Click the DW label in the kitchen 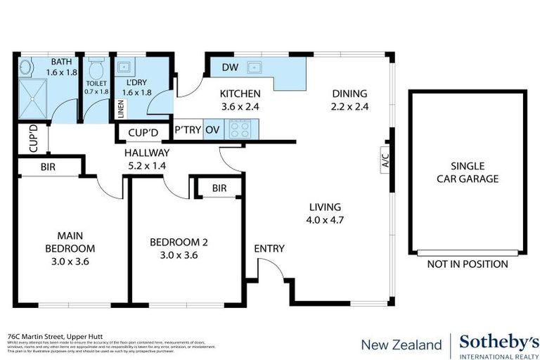[229, 67]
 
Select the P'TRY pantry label [188, 129]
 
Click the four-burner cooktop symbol [241, 129]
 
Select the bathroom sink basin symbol [25, 69]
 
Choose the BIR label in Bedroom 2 [219, 188]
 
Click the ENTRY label [269, 248]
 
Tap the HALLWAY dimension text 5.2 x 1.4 [147, 166]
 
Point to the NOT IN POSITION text [468, 264]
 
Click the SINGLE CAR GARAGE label [467, 172]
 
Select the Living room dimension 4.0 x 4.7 [324, 220]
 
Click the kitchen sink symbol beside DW [255, 67]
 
